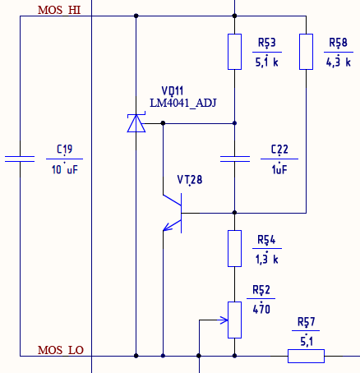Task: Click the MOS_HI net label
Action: point(59,10)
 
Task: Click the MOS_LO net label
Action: point(61,350)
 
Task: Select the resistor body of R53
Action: point(234,52)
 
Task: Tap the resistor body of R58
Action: point(306,52)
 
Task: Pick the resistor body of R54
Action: point(234,248)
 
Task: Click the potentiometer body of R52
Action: point(234,320)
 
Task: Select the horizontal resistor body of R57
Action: point(306,356)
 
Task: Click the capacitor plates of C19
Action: point(20,159)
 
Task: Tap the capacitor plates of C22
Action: point(235,159)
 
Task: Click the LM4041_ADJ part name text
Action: point(183,104)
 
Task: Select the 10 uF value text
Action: point(65,170)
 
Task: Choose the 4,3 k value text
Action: point(339,62)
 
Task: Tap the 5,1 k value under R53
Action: point(267,62)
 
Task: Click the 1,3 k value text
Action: point(267,259)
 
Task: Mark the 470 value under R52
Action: point(261,309)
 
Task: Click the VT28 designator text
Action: point(190,180)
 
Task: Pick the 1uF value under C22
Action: point(279,170)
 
